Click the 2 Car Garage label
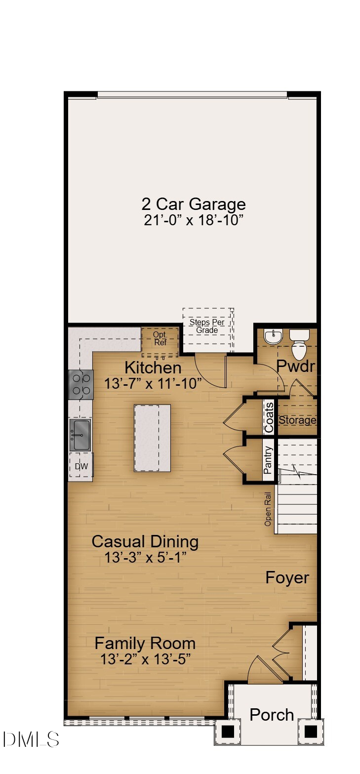point(194,204)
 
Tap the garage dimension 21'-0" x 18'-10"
point(194,220)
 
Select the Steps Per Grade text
point(207,326)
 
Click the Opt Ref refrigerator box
point(160,340)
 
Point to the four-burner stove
point(81,384)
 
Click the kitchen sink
point(80,434)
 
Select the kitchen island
point(153,438)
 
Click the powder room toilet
point(299,346)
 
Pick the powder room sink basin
point(272,337)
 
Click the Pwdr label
point(295,366)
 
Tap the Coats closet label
point(269,417)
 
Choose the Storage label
point(297,420)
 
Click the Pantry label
point(268,460)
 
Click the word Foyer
point(287,577)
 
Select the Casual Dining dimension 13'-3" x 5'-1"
point(145,558)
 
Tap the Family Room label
point(145,643)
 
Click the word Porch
point(271,714)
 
